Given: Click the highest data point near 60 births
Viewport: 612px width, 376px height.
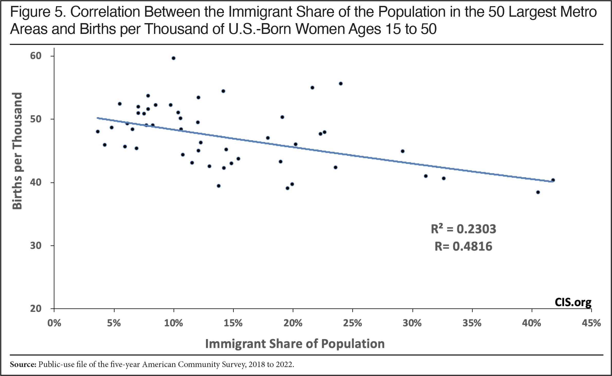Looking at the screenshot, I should (174, 58).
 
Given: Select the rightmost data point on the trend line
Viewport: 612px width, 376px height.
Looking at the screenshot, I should (553, 180).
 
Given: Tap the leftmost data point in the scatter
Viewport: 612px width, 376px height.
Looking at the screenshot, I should (98, 131).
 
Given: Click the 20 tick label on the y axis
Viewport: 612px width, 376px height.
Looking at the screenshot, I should (36, 308).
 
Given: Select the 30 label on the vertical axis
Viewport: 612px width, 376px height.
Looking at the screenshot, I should (36, 246).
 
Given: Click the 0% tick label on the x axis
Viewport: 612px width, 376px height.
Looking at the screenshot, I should (54, 323).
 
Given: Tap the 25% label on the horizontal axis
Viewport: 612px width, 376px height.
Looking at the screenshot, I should (353, 323).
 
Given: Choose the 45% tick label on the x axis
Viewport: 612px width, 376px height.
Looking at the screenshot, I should (591, 323).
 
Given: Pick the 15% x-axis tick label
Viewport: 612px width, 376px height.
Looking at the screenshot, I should (233, 323).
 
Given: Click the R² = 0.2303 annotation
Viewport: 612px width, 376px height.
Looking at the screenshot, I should (463, 229).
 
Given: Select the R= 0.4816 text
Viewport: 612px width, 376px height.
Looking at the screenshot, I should (463, 246).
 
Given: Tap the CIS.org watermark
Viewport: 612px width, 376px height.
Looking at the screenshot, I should (573, 302).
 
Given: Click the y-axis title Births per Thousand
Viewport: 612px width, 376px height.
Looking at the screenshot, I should (17, 151).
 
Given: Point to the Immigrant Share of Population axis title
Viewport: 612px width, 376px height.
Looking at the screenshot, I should (295, 344).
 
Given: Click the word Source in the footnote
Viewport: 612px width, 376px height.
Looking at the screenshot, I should (23, 364).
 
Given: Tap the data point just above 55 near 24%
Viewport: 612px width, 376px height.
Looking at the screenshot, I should (341, 83).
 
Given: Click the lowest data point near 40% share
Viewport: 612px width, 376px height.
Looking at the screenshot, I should (538, 192).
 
